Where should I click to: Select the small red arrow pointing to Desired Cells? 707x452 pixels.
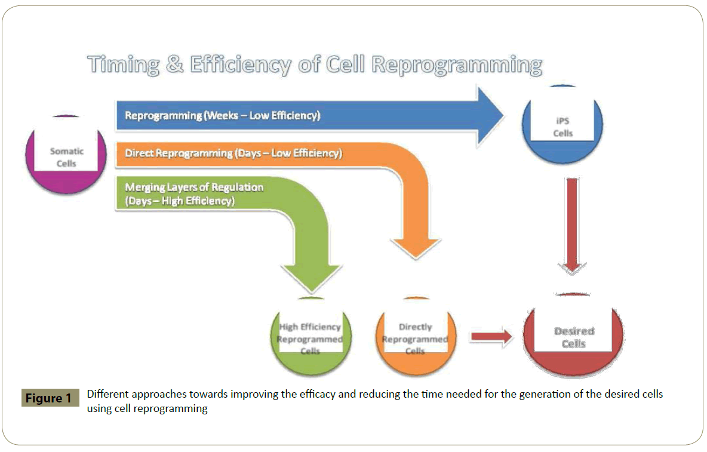point(491,337)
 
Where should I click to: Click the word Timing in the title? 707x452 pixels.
point(123,64)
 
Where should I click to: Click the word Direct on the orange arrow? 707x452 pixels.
point(139,153)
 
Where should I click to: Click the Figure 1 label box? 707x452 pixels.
point(50,398)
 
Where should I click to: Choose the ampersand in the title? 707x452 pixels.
point(175,64)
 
